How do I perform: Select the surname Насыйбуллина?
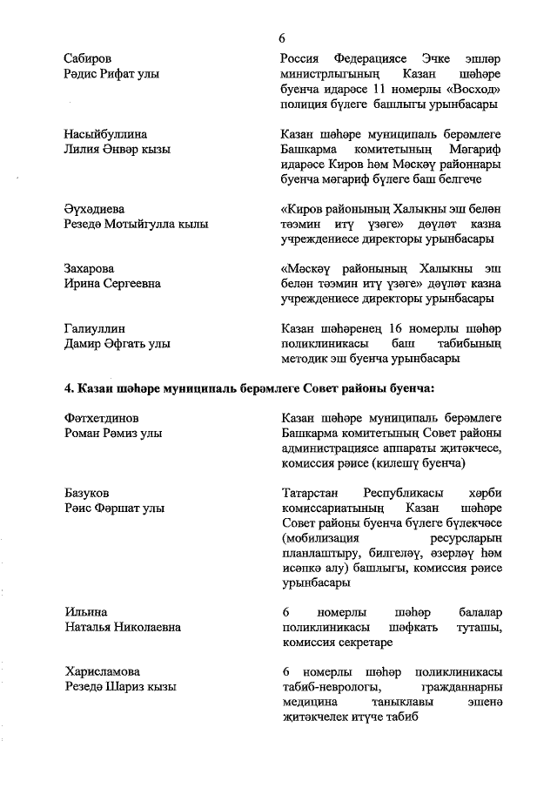pos(105,134)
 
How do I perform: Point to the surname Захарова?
pos(89,268)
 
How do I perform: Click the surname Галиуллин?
pos(95,328)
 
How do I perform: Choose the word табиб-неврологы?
pos(328,687)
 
